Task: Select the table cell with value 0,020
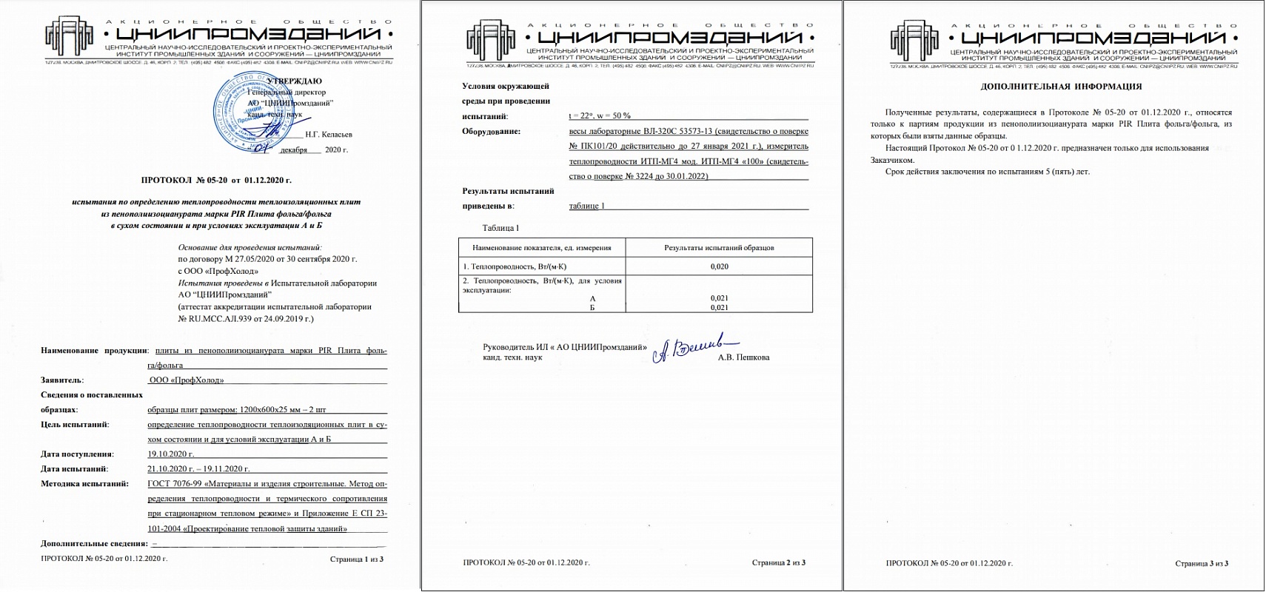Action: point(719,266)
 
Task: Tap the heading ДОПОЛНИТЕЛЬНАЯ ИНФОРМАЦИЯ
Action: point(1061,87)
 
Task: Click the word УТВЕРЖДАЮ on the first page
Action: point(294,81)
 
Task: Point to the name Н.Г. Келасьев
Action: point(328,135)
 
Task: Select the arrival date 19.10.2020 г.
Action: point(170,454)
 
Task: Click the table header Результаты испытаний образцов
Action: point(719,248)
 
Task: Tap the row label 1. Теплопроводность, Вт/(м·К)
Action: point(515,266)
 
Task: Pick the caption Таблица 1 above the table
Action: point(500,228)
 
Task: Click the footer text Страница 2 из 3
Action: point(778,562)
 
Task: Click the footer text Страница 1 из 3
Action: point(356,559)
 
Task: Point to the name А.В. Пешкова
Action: point(743,357)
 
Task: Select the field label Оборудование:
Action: point(491,132)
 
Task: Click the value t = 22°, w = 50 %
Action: point(600,115)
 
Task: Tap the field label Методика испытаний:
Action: point(84,484)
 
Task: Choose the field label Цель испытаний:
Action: point(75,425)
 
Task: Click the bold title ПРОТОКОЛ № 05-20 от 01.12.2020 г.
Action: point(216,180)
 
